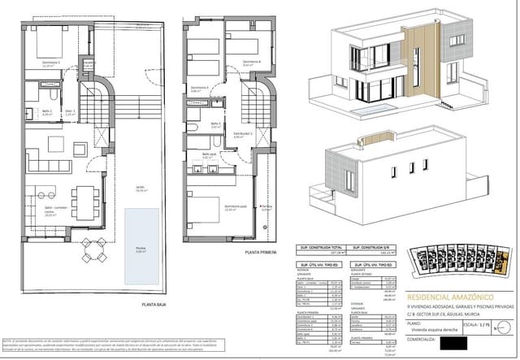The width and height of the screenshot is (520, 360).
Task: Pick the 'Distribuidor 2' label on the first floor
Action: tap(242, 133)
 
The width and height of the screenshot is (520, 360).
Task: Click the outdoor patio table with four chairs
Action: tap(93, 250)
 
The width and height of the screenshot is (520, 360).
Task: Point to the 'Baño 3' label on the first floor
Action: tap(215, 124)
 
